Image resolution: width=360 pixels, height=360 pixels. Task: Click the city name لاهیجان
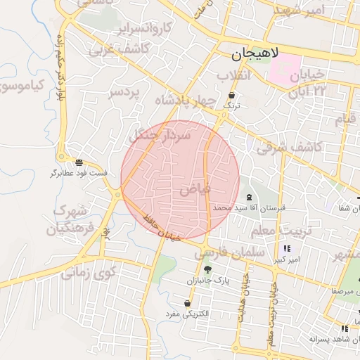coord(254,53)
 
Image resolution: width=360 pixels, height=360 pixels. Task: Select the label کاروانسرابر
coord(144,30)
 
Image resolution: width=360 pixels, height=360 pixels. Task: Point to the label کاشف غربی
coord(143,49)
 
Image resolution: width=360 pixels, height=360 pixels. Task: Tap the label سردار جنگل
coord(160,134)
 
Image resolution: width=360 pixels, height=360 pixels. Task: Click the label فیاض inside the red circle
coord(195,189)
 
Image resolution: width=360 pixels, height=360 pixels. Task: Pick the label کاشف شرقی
coord(288,147)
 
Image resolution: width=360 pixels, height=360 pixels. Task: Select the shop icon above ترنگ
coord(232,96)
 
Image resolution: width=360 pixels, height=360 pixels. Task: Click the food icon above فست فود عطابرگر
coord(78,162)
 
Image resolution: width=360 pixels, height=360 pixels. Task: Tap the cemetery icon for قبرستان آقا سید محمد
coord(249,198)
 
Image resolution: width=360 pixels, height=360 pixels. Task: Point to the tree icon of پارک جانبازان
coord(207,269)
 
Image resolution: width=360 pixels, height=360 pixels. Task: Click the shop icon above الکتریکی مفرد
coord(188,303)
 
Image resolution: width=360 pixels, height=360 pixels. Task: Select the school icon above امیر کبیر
coord(287,249)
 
